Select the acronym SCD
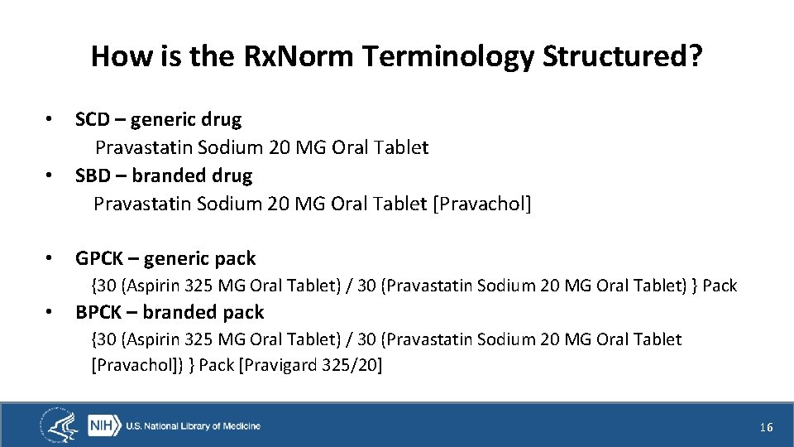[92, 119]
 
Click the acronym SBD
[92, 175]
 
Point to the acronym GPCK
[96, 258]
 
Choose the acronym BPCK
[96, 312]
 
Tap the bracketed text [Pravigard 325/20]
[310, 365]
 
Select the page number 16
[766, 427]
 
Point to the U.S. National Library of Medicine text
[193, 426]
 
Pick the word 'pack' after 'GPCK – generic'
[235, 258]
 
